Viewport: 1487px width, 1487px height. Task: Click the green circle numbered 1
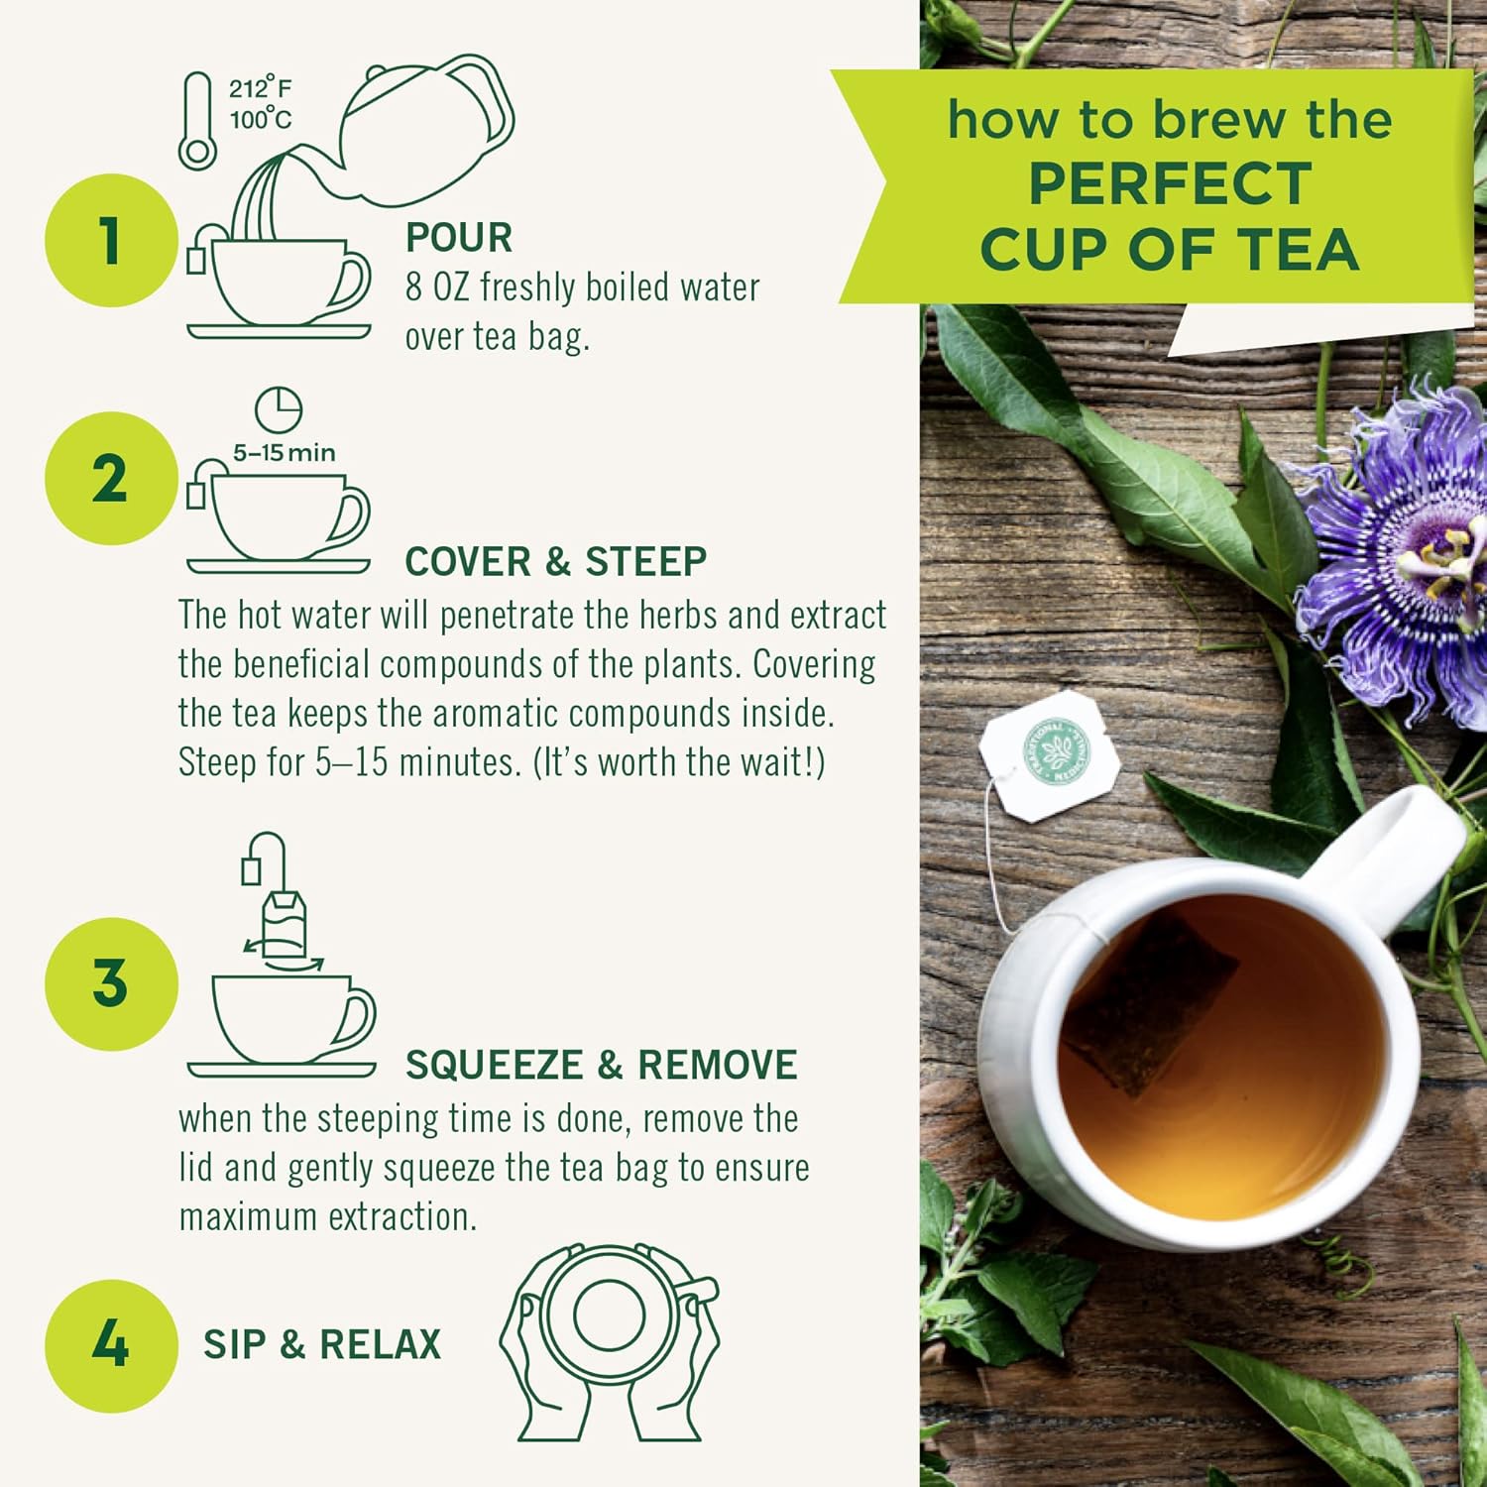(111, 240)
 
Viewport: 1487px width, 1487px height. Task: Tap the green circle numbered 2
(111, 479)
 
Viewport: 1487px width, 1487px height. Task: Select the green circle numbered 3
(111, 983)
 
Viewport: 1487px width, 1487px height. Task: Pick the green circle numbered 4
(111, 1344)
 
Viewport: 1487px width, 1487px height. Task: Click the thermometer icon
(197, 121)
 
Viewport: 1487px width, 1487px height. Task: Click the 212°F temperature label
(261, 88)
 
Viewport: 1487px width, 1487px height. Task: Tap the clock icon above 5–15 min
(279, 409)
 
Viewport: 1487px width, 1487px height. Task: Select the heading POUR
(459, 238)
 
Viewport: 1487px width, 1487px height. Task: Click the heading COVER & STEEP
(555, 561)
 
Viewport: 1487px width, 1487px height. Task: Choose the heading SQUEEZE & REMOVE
(601, 1065)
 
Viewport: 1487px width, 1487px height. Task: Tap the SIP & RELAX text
(322, 1344)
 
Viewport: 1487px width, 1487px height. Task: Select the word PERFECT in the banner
(1170, 183)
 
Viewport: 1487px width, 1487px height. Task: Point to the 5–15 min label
(285, 453)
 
